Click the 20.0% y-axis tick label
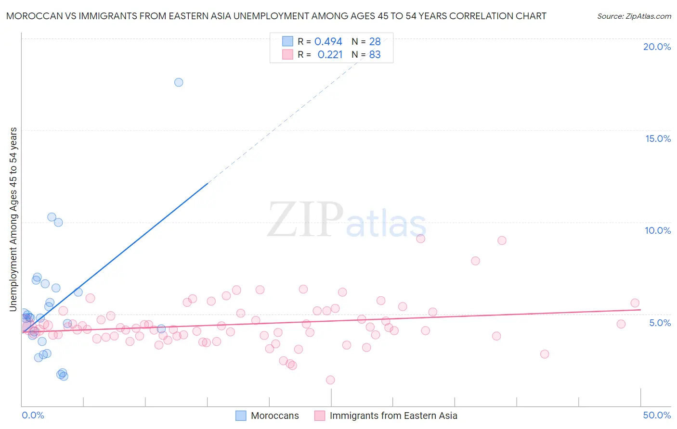coord(657,47)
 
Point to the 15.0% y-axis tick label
coord(658,139)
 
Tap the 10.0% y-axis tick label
coord(658,230)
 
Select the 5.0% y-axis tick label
coord(660,323)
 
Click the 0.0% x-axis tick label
coord(33,415)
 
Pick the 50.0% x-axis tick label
coord(657,415)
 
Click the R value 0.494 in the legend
coord(328,42)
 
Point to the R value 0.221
coord(330,55)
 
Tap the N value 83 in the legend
coord(375,55)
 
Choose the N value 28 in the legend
coord(375,42)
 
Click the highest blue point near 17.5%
coord(179,82)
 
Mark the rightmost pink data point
coord(635,303)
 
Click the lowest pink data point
coord(330,380)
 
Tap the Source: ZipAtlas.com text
coord(634,16)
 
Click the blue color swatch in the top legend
coord(287,41)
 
